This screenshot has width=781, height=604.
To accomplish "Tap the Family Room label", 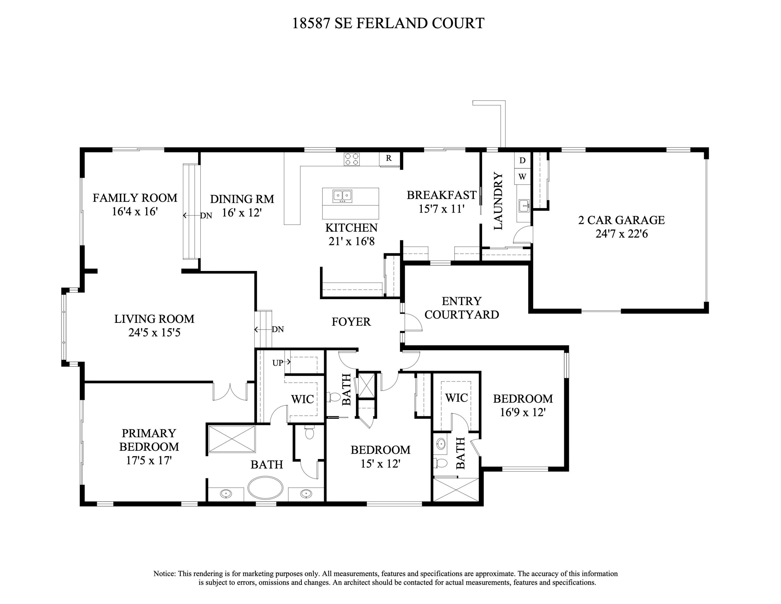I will tap(135, 198).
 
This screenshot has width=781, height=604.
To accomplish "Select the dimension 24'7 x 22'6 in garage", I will tap(621, 234).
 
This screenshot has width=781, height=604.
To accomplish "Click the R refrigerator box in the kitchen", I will tap(389, 158).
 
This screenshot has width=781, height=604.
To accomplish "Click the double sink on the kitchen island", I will tap(342, 196).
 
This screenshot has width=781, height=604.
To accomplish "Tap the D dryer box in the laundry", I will tap(522, 160).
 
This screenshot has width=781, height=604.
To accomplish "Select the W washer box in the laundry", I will tap(522, 177).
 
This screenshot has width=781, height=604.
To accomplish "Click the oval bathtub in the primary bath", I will tap(265, 487).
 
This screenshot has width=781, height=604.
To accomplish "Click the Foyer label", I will tap(351, 322).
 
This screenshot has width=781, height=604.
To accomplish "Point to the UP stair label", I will tap(278, 362).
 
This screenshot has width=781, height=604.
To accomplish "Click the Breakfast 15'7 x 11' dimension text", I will tap(441, 209).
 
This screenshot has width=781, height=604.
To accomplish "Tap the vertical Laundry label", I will tap(498, 201).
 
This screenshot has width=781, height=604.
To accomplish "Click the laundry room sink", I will tap(524, 206).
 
